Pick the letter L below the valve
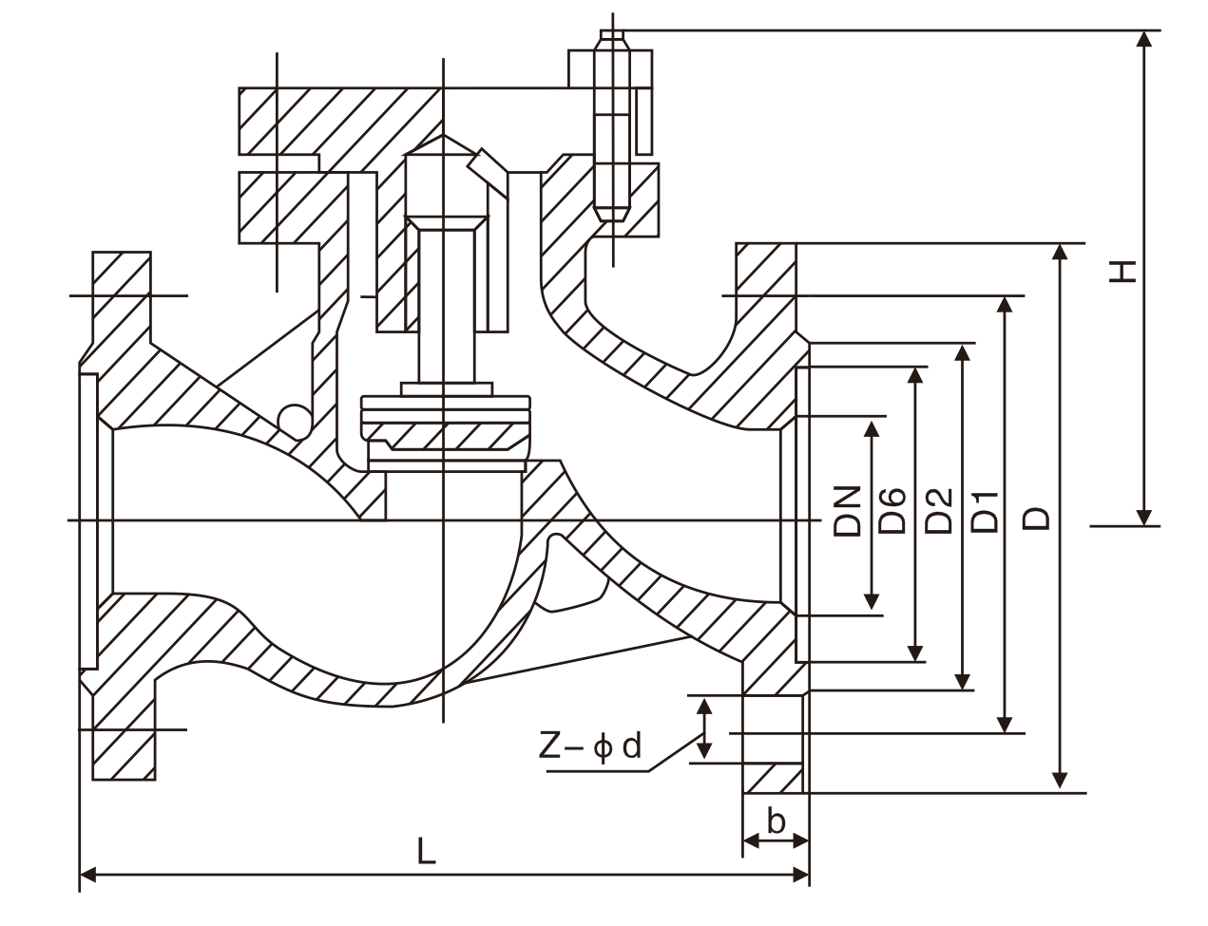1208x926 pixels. [427, 850]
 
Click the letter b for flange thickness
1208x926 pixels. [777, 821]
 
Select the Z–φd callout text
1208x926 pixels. [590, 747]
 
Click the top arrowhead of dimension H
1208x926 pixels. [1146, 39]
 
